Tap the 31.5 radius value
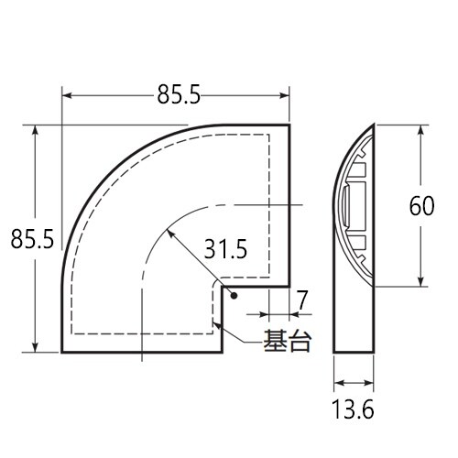[225, 248]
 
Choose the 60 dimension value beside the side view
[422, 207]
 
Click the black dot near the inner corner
[234, 296]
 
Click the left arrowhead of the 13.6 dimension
[336, 382]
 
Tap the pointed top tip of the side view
[374, 123]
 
